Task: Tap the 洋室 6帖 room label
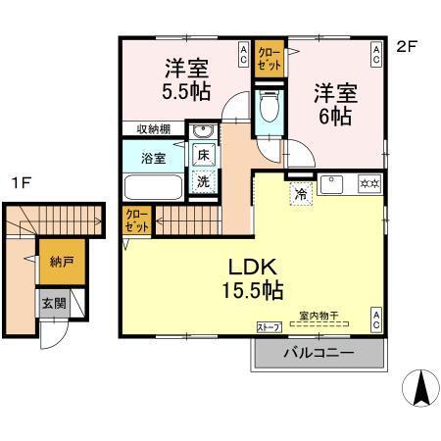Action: (x=332, y=103)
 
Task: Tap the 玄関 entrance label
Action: (x=53, y=303)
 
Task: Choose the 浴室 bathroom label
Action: (x=152, y=157)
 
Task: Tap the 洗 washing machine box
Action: (x=203, y=181)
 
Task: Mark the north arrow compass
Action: (x=421, y=389)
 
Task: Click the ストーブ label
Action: (x=268, y=326)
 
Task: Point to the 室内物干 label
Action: (x=318, y=315)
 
